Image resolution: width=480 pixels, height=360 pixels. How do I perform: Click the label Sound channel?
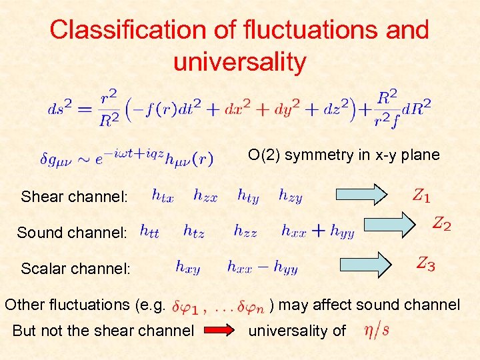[x=72, y=233]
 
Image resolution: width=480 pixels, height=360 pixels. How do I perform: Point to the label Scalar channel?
[x=76, y=269]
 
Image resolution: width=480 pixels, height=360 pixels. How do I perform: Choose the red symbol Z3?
[x=426, y=264]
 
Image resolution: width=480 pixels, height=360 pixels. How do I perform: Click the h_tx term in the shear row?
[x=163, y=195]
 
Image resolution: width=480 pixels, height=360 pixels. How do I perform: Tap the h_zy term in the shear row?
[x=291, y=195]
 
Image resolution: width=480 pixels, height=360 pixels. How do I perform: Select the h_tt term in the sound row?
[x=149, y=231]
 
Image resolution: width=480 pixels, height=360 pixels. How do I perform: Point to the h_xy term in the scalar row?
[x=188, y=267]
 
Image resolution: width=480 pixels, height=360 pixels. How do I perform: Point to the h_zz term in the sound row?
[x=245, y=231]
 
